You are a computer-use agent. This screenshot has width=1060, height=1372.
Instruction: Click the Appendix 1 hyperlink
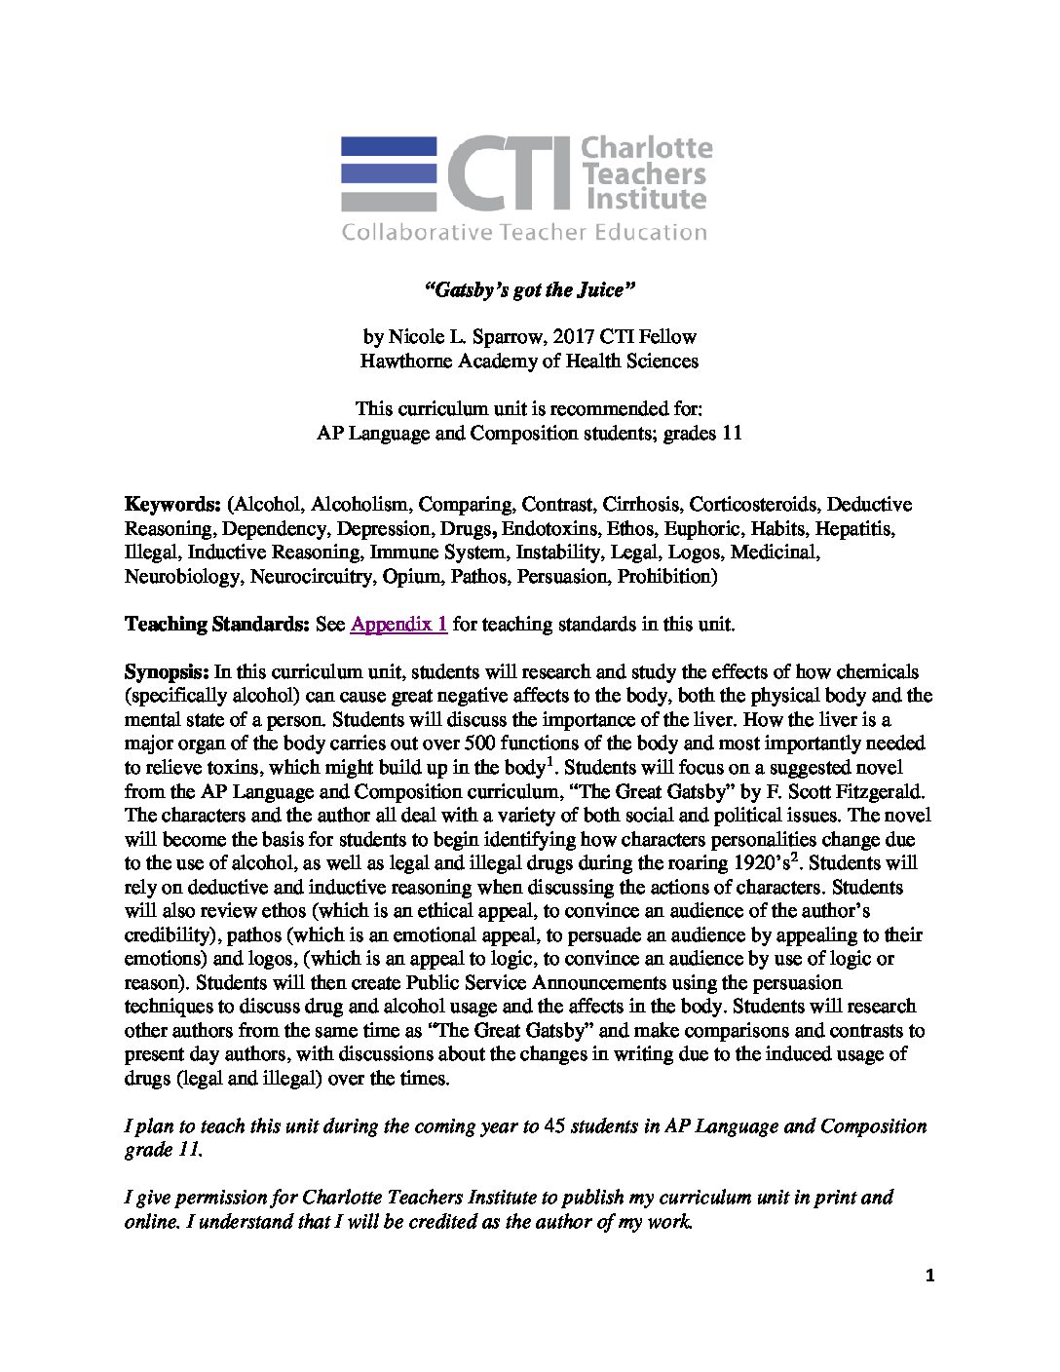point(398,626)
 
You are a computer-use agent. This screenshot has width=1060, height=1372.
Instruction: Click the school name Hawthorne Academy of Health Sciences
point(530,361)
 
